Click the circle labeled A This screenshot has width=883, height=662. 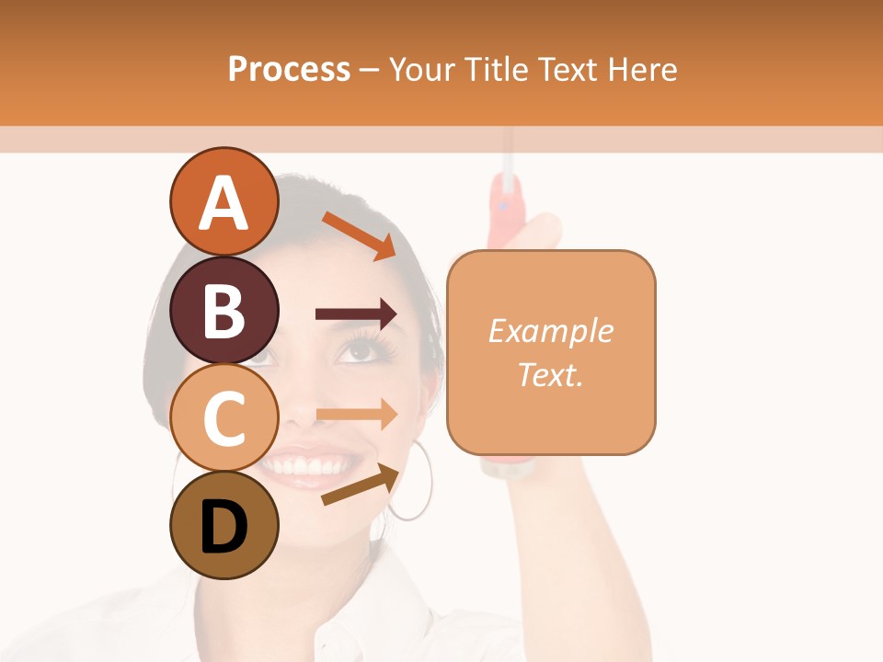coord(224,202)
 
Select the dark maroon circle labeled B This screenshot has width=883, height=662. coord(224,310)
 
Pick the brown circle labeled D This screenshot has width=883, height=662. coord(224,525)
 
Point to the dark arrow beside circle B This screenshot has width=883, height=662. coord(356,314)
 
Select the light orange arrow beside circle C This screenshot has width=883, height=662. coord(356,414)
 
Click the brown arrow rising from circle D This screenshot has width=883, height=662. coord(361,485)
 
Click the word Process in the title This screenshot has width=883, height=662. coord(289,69)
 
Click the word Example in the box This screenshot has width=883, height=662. coord(550,331)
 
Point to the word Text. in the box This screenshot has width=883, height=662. coord(550,374)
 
